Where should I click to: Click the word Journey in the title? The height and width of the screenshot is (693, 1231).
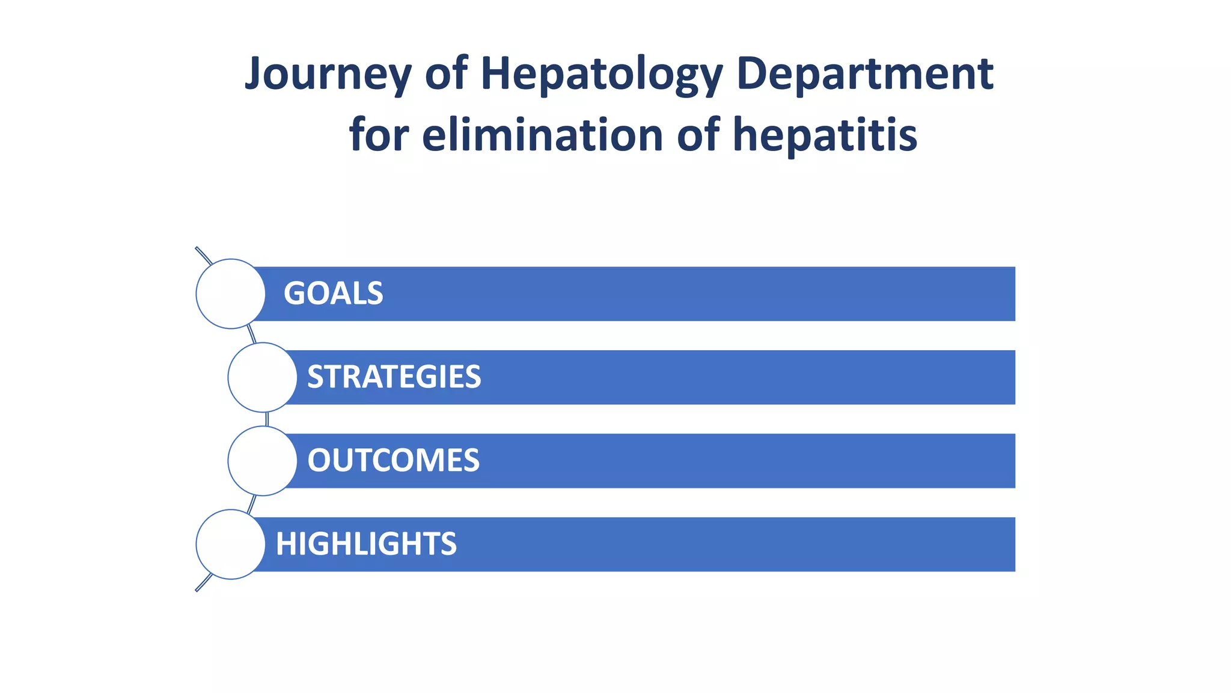[x=328, y=74]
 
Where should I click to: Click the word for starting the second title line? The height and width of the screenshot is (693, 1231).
[x=379, y=135]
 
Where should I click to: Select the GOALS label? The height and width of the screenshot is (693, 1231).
[x=333, y=294]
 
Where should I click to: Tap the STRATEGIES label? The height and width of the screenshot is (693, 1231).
[x=394, y=377]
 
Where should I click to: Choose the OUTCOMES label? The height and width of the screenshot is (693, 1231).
[x=393, y=461]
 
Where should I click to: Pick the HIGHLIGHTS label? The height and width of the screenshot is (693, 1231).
[x=366, y=544]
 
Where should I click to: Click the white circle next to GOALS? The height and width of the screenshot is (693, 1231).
[x=231, y=294]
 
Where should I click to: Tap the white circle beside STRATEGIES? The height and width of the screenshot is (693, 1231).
[x=263, y=377]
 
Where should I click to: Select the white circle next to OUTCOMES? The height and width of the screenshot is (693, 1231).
[x=263, y=461]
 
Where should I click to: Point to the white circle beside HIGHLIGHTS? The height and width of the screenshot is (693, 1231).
[x=231, y=544]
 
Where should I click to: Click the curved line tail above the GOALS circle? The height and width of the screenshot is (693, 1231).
[x=203, y=255]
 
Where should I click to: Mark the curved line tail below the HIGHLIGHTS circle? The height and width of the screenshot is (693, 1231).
[x=203, y=583]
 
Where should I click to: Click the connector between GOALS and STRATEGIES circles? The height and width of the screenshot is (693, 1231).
[x=252, y=334]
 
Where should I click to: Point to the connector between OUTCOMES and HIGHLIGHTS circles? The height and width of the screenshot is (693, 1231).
[x=252, y=504]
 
